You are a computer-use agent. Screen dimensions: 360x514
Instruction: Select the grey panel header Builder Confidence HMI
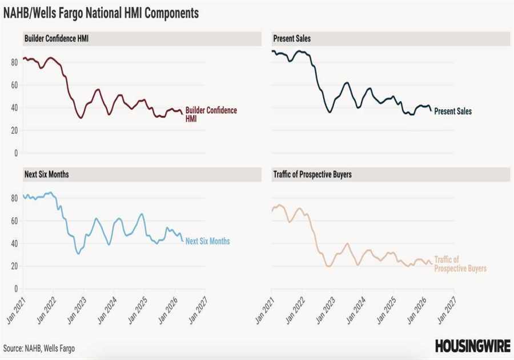click(56, 39)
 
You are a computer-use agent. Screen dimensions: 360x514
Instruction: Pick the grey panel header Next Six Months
click(46, 174)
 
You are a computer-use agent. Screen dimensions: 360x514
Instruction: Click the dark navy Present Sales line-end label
click(453, 111)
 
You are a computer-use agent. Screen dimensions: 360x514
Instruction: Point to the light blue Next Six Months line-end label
click(207, 241)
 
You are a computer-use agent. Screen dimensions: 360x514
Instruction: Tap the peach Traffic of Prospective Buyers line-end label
click(460, 263)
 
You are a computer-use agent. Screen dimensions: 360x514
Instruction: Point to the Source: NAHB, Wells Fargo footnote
click(39, 348)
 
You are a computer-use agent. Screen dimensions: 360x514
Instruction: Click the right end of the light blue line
click(183, 241)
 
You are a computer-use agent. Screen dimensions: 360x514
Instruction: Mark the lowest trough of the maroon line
click(81, 118)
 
